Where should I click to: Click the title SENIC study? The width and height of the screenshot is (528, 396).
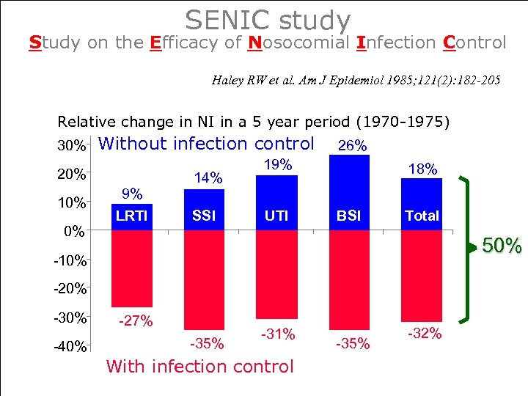(x=268, y=19)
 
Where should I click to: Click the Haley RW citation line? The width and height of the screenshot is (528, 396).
(x=356, y=81)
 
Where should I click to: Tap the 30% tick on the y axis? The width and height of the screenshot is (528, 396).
(x=71, y=145)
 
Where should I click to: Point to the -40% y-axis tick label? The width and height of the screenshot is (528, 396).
(x=70, y=347)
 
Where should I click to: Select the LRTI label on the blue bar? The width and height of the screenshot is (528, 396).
(x=132, y=216)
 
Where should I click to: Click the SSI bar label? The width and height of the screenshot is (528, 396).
(x=204, y=216)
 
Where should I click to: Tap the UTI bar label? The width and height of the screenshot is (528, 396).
(x=276, y=216)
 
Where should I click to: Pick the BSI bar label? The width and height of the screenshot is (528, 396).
(x=349, y=216)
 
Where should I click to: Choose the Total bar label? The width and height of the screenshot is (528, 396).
(x=422, y=216)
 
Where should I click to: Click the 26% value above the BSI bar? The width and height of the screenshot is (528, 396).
(x=351, y=146)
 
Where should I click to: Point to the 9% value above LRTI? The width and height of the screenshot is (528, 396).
(x=132, y=194)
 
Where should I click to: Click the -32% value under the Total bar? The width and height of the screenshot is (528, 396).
(x=425, y=334)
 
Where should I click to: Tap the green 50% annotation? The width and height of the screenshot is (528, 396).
(x=502, y=246)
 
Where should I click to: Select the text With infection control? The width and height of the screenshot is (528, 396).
(x=199, y=366)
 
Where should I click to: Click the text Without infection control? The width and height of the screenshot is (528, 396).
(x=206, y=144)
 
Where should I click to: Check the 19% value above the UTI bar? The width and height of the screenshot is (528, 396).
(x=278, y=165)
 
